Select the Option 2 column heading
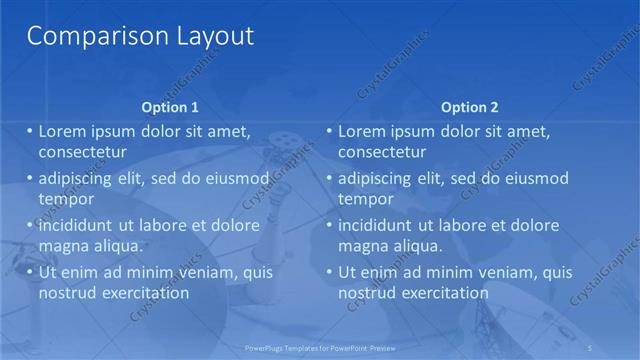pos(469,107)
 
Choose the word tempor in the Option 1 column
pos(65,199)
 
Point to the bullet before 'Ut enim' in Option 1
pos(29,272)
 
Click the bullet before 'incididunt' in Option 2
pos(330,225)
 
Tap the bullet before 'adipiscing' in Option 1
pos(29,178)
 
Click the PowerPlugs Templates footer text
pos(320,347)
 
